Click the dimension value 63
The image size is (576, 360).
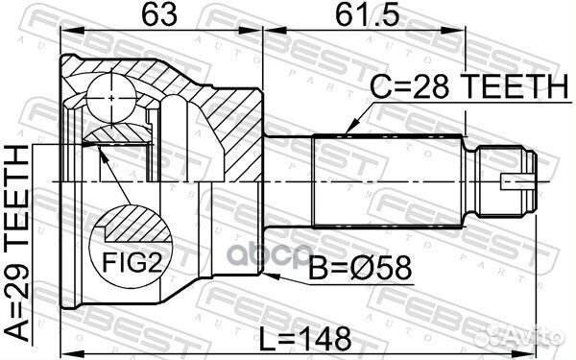[159, 15]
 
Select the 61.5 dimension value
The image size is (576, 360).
[368, 15]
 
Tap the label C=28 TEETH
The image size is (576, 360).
[469, 86]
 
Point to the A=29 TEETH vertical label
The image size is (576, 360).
[17, 243]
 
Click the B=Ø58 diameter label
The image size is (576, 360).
[360, 269]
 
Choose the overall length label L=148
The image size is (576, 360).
[304, 338]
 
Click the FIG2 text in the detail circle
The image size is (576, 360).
[132, 261]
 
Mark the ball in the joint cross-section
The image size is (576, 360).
[111, 99]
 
